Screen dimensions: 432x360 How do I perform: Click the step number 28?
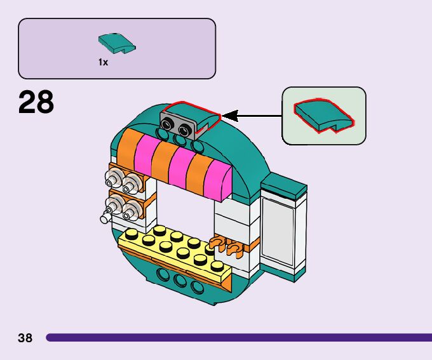[x=36, y=102]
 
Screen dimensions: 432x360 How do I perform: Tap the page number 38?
[x=25, y=338]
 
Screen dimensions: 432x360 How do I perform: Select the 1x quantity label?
[x=103, y=62]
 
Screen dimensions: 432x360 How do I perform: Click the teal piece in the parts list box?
[x=117, y=44]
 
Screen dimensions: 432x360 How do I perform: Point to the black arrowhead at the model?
[x=230, y=116]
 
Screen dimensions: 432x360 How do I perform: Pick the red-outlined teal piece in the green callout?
[x=324, y=116]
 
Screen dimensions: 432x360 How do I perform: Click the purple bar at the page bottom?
[x=239, y=337]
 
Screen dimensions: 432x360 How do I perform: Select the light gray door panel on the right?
[x=278, y=231]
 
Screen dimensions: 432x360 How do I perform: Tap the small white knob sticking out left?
[x=105, y=218]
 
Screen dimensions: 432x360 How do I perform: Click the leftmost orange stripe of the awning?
[x=127, y=149]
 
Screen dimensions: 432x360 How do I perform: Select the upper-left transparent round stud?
[x=113, y=179]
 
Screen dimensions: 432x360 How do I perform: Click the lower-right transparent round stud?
[x=132, y=211]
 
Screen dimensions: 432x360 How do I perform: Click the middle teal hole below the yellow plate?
[x=180, y=281]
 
